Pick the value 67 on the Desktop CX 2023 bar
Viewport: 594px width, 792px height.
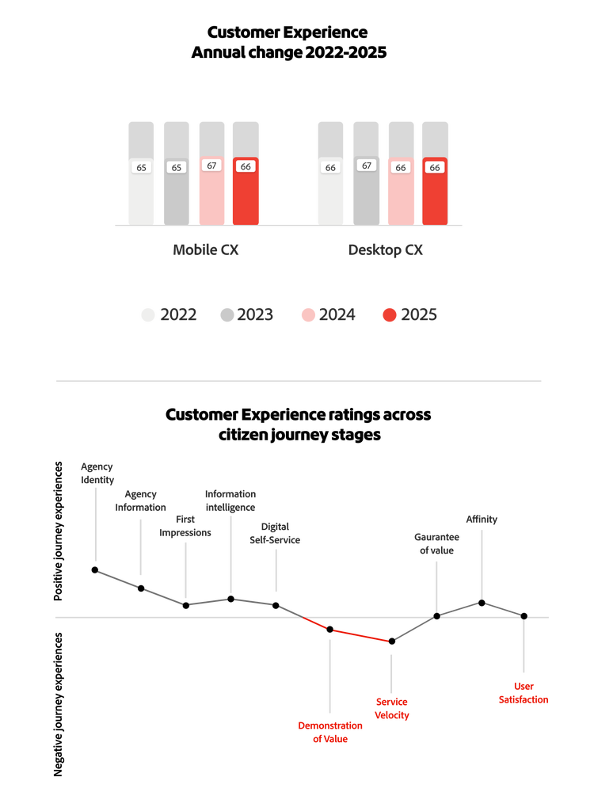click(x=366, y=166)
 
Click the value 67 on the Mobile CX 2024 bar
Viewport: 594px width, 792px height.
click(x=211, y=166)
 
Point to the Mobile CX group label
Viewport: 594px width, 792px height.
click(x=206, y=250)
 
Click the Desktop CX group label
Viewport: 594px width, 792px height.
click(x=386, y=250)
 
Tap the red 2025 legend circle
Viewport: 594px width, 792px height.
click(x=389, y=315)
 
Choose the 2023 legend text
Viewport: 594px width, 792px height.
click(x=255, y=315)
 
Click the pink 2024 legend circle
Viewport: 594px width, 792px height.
click(x=308, y=315)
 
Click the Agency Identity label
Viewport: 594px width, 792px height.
click(x=97, y=474)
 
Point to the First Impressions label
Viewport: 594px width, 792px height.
click(x=186, y=526)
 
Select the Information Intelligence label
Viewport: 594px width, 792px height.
click(x=230, y=501)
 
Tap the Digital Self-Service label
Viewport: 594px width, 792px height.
click(x=275, y=532)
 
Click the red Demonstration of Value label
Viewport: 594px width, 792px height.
click(x=330, y=733)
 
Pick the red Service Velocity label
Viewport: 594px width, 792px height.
click(x=392, y=709)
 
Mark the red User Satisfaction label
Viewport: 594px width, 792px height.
click(x=524, y=693)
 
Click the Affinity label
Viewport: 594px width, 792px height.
click(x=482, y=520)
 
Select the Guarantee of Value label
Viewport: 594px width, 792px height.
click(x=435, y=543)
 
